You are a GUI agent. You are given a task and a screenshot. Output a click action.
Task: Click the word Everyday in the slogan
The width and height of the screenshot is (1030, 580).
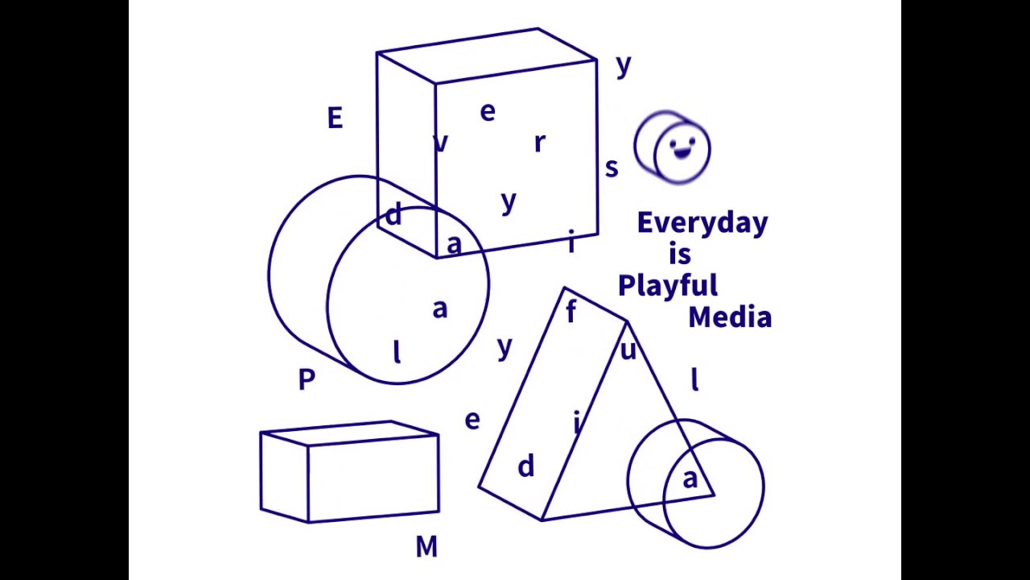point(702,223)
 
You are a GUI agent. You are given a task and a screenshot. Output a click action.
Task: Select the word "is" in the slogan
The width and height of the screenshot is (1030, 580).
point(680,255)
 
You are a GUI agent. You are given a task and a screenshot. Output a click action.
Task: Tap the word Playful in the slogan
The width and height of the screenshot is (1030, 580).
point(667,286)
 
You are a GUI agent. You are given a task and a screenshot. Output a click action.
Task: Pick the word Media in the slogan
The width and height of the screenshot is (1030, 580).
point(730,317)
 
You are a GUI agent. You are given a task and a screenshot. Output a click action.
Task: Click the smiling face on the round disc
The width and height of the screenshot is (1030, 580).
point(682,149)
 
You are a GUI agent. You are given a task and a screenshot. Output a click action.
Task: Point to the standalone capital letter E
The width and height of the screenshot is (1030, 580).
point(335,119)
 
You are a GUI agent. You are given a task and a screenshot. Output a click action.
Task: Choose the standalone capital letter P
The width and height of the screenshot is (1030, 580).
point(307,379)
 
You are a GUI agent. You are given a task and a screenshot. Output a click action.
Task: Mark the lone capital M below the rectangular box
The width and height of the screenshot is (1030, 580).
point(426,548)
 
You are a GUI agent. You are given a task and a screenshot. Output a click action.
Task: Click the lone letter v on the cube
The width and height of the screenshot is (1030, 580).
point(440,143)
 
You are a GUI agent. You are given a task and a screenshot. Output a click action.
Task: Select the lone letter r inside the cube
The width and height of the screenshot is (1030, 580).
point(539,143)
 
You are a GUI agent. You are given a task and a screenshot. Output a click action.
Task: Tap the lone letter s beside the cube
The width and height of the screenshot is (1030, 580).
point(612,168)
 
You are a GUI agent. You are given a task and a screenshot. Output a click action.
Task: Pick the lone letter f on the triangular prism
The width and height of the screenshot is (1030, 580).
point(571,312)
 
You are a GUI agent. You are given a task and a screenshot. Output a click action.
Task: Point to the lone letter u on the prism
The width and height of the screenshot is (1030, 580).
point(628,350)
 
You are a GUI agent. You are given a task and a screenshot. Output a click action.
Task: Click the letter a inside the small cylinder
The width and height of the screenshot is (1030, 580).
point(690,479)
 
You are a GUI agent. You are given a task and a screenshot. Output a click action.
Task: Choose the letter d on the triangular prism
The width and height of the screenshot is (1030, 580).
point(525,466)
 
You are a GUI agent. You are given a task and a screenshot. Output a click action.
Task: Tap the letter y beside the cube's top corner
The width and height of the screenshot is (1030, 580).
point(624,66)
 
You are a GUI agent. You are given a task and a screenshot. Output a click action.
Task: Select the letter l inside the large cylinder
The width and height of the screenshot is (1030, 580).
point(396,352)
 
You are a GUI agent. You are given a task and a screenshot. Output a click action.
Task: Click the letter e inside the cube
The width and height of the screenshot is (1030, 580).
point(488,113)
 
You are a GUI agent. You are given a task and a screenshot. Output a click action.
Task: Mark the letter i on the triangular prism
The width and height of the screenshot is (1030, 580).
point(576,421)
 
